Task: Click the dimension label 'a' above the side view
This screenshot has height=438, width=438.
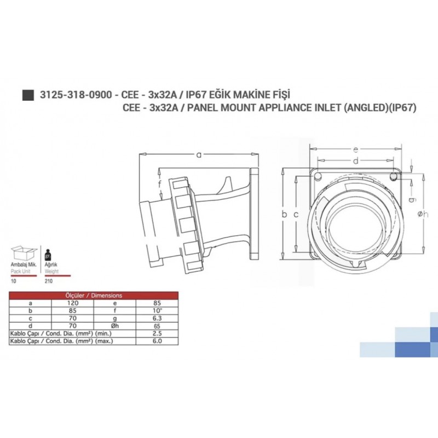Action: [199, 155]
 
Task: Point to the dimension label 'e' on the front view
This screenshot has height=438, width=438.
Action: [356, 149]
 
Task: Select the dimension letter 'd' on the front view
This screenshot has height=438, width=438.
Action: [355, 160]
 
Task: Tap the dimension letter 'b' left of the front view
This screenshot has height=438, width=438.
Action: [284, 214]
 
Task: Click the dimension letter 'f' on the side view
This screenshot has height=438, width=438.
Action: [160, 183]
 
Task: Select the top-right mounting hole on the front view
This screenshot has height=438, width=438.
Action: [393, 176]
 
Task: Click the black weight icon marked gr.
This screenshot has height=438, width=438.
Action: [47, 255]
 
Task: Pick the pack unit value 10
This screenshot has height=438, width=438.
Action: [14, 280]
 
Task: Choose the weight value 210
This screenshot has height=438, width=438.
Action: [48, 280]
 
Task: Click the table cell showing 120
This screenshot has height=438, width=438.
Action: [73, 302]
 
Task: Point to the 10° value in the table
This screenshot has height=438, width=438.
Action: [157, 310]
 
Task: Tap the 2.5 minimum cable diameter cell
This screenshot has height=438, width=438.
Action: [157, 333]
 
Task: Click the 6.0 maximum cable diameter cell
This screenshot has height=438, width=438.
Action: [157, 341]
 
